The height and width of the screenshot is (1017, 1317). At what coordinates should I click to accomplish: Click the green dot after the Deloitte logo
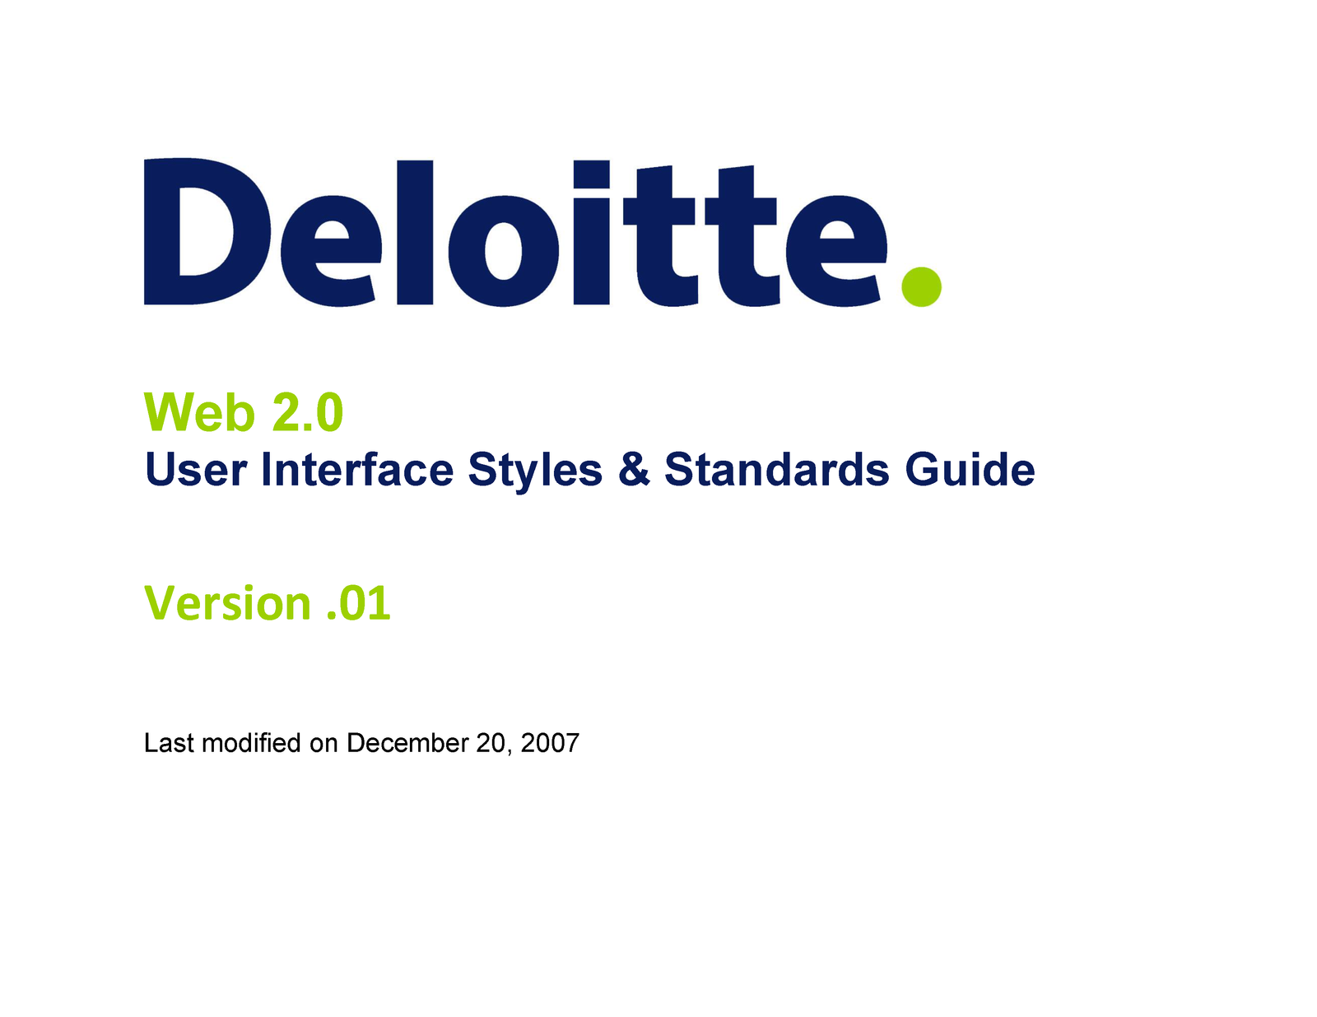pos(920,286)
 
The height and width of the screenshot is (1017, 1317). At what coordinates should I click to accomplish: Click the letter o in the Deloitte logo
pos(503,251)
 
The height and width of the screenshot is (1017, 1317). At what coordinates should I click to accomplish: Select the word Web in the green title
pos(199,412)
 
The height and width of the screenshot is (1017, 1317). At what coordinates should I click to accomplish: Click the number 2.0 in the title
pos(308,412)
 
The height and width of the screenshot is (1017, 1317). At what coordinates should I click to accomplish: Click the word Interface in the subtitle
pos(357,470)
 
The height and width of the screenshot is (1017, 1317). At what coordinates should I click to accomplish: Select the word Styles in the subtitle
pos(535,471)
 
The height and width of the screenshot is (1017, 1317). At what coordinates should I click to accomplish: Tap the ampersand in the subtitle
pos(634,470)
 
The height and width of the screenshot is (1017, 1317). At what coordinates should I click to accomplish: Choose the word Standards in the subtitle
pos(777,470)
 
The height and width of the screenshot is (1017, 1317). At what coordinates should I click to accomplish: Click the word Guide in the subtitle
pos(970,470)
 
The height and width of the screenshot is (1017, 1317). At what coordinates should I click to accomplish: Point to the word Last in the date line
pos(169,743)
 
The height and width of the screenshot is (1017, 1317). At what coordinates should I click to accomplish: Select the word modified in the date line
pos(252,743)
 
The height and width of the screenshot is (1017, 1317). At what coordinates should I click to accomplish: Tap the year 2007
pos(550,743)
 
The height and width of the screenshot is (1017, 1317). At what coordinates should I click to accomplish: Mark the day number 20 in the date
pos(491,743)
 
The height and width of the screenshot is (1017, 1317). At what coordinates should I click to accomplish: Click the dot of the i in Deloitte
pos(591,174)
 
